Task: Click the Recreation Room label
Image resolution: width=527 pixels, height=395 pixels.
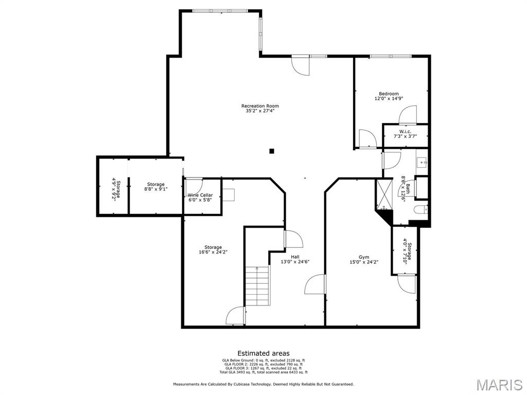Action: pyautogui.click(x=260, y=106)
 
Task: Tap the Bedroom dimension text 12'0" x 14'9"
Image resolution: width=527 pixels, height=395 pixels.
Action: pyautogui.click(x=389, y=98)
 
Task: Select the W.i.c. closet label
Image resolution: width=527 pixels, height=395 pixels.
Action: pyautogui.click(x=405, y=131)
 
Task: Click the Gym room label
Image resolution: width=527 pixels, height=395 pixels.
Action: pyautogui.click(x=364, y=257)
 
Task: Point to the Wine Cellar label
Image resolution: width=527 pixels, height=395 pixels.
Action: pyautogui.click(x=200, y=195)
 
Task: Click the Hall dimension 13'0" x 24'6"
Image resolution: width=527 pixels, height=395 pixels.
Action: pyautogui.click(x=295, y=262)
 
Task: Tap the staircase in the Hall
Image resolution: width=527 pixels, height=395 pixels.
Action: pyautogui.click(x=257, y=285)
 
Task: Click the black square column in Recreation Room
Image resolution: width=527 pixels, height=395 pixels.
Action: pyautogui.click(x=272, y=151)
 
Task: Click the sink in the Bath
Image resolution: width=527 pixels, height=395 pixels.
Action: pyautogui.click(x=422, y=163)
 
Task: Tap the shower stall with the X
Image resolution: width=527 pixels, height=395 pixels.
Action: pyautogui.click(x=384, y=194)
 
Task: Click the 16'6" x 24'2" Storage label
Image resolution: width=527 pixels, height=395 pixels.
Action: pyautogui.click(x=213, y=249)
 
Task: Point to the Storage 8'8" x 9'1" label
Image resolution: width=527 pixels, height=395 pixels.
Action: pyautogui.click(x=155, y=186)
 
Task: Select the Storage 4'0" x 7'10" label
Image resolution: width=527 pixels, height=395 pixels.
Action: pyautogui.click(x=407, y=251)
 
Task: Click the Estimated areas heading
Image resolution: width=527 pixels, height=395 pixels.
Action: pyautogui.click(x=263, y=353)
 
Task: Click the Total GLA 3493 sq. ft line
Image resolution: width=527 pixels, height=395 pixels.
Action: pyautogui.click(x=263, y=372)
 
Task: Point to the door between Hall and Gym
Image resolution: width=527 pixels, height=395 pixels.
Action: pyautogui.click(x=315, y=284)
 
